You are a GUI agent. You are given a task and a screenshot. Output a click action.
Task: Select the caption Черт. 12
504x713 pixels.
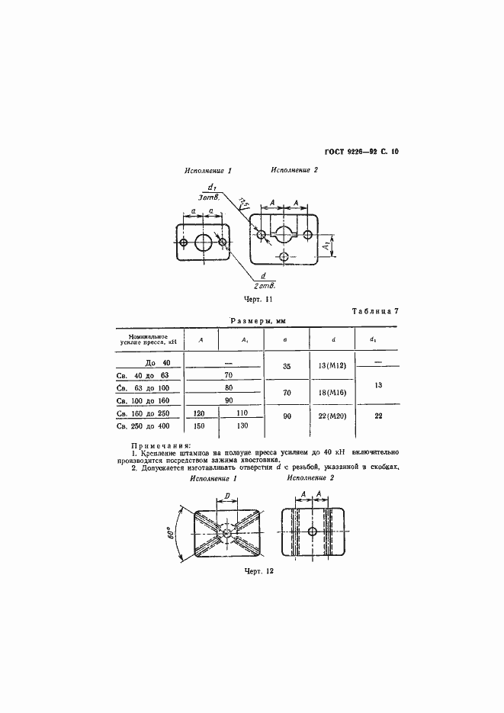coord(259,570)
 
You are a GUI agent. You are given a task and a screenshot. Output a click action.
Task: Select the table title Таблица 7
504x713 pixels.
coord(374,311)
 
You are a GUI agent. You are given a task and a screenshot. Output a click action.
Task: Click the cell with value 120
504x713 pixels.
coord(200,413)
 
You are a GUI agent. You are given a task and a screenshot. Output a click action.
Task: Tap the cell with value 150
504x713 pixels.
coord(200,426)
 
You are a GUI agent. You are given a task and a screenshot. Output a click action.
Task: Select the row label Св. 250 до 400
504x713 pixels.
coord(147,426)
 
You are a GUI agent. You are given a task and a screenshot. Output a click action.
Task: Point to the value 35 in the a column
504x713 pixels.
coord(287,367)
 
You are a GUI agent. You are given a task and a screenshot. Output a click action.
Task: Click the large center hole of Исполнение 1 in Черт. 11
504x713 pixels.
coord(204,243)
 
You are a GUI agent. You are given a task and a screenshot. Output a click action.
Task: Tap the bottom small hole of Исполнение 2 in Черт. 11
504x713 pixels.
coord(284,256)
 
